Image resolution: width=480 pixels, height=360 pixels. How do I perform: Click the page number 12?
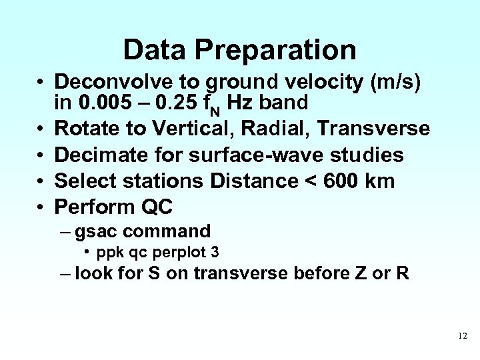pos(463,336)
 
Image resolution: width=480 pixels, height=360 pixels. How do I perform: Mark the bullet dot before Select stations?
pos(41,181)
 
